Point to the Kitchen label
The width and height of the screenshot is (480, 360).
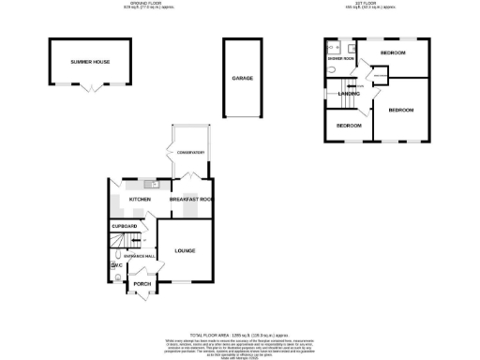140,199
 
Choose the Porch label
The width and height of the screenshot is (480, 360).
142,284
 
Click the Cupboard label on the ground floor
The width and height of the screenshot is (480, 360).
125,227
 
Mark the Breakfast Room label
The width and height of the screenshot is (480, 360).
191,199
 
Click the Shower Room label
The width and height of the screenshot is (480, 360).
340,59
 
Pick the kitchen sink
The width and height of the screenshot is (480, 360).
150,184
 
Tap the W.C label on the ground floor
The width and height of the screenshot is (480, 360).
117,267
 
